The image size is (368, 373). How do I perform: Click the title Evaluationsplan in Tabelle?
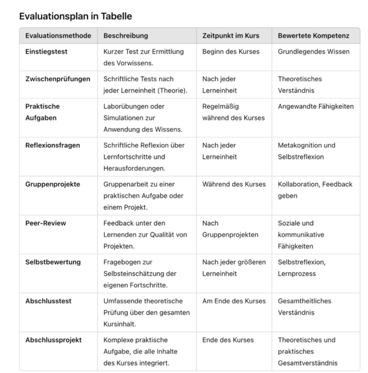coord(75,16)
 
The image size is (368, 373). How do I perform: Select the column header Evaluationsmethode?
coord(58,36)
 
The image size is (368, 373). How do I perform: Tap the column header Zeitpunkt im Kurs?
coord(231,36)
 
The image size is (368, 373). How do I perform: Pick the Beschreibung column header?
coord(126,36)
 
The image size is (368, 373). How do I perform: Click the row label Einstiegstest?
coord(47,51)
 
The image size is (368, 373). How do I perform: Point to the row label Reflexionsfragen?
coord(53,145)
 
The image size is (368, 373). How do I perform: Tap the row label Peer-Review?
coord(46,223)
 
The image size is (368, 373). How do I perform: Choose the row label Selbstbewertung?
coord(53,262)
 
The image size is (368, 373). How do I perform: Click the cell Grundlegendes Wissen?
coord(314,51)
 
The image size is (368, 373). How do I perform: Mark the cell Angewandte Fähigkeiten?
coord(316,106)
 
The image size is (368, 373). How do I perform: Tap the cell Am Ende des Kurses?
coord(234,301)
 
